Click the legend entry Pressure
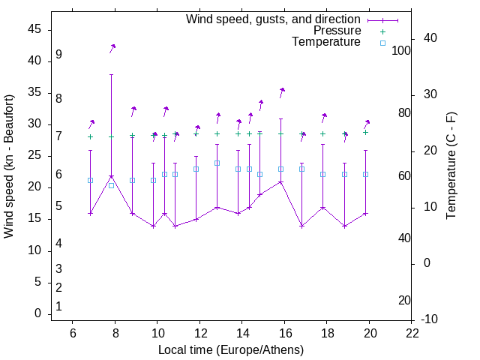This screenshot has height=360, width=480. point(337,31)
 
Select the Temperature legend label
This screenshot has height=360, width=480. point(326,42)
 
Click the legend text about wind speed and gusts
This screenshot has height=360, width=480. point(274,19)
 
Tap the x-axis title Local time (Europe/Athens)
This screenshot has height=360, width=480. point(231,350)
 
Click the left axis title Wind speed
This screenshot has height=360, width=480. point(9,166)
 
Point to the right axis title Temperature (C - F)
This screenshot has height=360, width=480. point(451,166)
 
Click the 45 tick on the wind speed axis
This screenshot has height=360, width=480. point(34,29)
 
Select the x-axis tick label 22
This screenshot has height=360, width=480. point(412,333)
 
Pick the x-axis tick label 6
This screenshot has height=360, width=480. point(73,333)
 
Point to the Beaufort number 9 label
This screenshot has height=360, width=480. point(58,55)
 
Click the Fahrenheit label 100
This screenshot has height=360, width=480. point(401,51)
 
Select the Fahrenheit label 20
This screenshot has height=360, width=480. point(404,301)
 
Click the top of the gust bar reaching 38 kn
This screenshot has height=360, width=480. point(111,74)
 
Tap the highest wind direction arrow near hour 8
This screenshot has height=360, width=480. point(112,47)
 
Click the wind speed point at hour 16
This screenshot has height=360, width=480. point(281,182)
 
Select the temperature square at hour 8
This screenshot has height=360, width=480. point(111,185)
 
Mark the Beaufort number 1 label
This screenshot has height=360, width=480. point(58,307)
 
